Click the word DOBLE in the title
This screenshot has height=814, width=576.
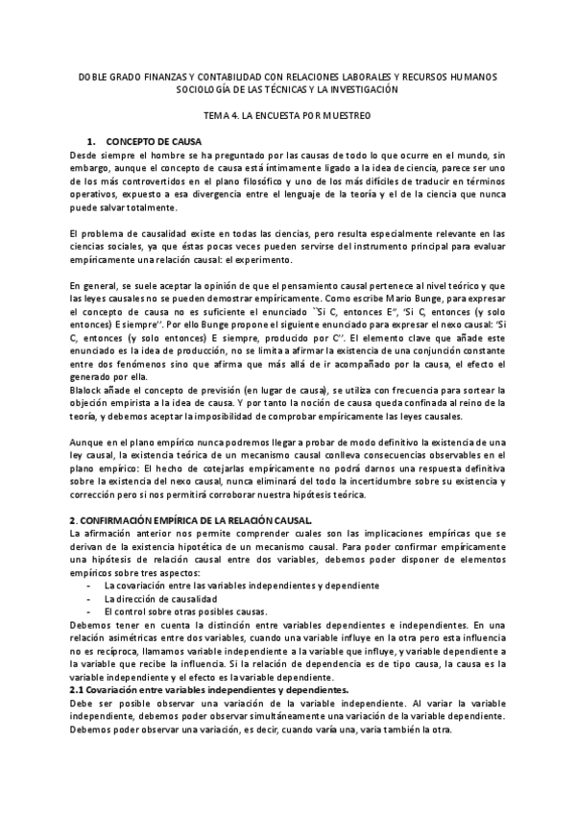click(93, 75)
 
